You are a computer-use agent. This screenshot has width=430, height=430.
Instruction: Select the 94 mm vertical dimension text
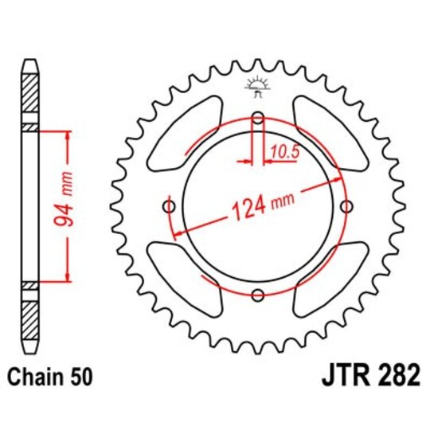[66, 205]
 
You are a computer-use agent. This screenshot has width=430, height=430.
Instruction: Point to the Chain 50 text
[49, 376]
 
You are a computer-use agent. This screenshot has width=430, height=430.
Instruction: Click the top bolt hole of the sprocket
[257, 119]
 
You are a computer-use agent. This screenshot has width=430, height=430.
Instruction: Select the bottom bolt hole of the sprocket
[257, 296]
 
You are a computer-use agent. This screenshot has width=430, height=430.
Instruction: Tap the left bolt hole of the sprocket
[168, 207]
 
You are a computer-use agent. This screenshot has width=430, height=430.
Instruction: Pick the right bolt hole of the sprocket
[346, 207]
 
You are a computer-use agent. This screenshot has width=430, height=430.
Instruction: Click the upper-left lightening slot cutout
[182, 136]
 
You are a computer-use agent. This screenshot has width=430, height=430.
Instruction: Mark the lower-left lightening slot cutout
[183, 279]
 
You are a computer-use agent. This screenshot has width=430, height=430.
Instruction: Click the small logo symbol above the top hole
[256, 86]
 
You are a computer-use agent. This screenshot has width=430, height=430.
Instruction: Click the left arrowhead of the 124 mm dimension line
[178, 232]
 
